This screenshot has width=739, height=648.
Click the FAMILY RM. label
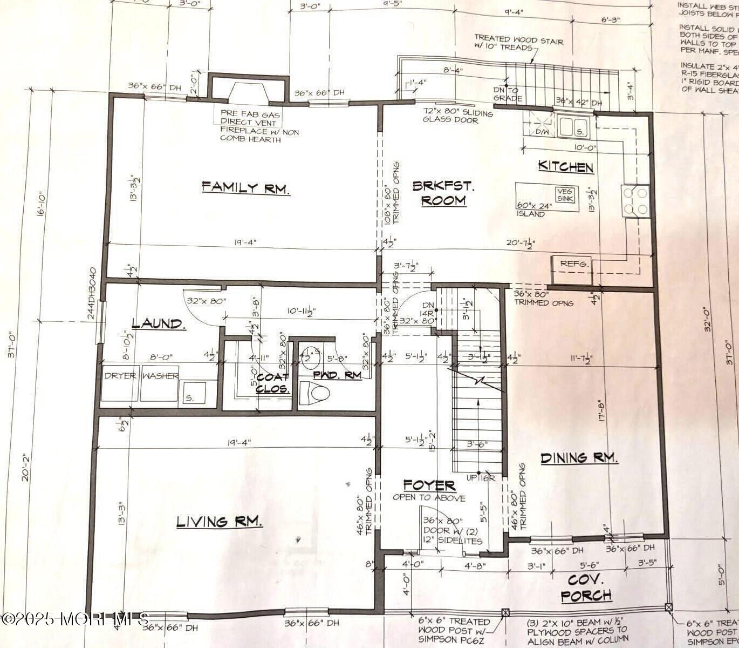click(246, 187)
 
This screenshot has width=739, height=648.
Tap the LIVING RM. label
click(220, 522)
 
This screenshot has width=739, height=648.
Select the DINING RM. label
click(579, 458)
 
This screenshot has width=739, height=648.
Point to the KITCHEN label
click(566, 167)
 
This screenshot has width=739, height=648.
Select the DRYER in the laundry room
click(120, 376)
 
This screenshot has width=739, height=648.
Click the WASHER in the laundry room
click(160, 376)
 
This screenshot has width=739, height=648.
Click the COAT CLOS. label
click(272, 383)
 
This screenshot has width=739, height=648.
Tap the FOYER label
click(429, 485)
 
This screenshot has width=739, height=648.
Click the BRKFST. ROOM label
click(443, 193)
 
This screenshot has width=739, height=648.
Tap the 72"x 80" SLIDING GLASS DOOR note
click(457, 117)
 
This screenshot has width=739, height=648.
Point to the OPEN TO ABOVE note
click(428, 498)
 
